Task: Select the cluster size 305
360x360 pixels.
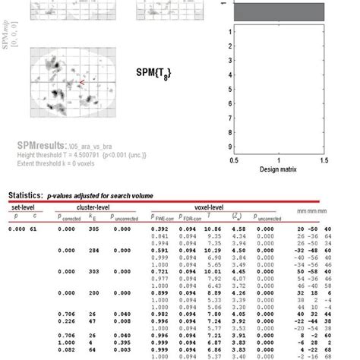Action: click(x=93, y=228)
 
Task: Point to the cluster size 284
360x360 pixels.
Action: click(x=93, y=249)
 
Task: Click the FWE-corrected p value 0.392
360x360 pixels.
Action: click(x=159, y=228)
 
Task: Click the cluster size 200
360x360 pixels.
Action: click(x=93, y=292)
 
